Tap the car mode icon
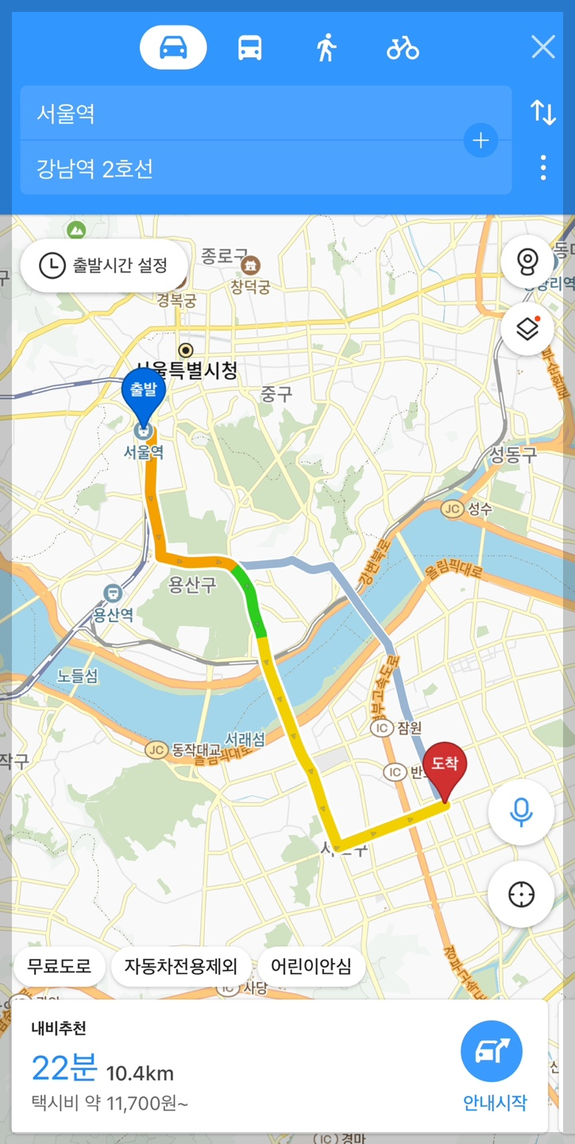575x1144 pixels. (x=173, y=48)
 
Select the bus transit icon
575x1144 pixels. (x=250, y=48)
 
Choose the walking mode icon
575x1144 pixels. (x=326, y=48)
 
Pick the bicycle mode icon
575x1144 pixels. (x=403, y=48)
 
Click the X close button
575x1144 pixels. (x=543, y=48)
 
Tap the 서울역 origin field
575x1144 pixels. (x=238, y=114)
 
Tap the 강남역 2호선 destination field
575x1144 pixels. (x=238, y=168)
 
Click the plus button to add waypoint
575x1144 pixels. (x=480, y=141)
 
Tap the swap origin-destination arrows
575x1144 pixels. (x=543, y=113)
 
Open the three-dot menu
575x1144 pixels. (x=543, y=168)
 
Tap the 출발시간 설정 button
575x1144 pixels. (x=104, y=265)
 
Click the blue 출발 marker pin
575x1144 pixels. (x=143, y=394)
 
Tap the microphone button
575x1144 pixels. (x=521, y=811)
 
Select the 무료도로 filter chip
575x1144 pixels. (x=60, y=967)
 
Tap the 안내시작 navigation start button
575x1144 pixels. (x=492, y=1061)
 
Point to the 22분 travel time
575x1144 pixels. (x=64, y=1069)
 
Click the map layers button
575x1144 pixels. (x=527, y=328)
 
